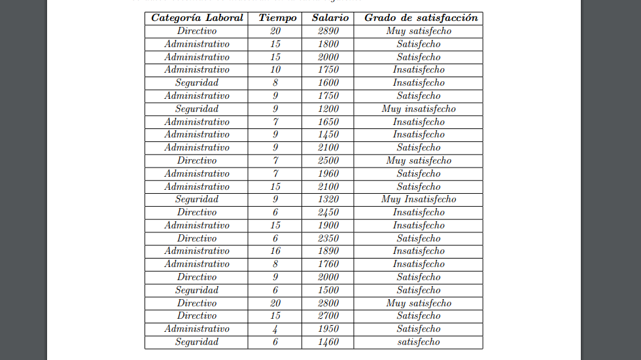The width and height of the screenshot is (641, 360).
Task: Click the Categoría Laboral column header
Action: click(197, 18)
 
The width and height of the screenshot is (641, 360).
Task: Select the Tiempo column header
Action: click(277, 18)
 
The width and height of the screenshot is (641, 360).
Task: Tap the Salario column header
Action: click(330, 18)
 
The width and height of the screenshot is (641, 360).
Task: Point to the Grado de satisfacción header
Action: click(421, 18)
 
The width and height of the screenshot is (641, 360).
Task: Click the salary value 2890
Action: click(328, 31)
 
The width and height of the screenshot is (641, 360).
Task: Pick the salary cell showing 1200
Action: click(328, 109)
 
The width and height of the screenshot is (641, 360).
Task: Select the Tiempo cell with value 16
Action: click(275, 251)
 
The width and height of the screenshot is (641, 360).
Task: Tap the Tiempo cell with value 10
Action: click(275, 69)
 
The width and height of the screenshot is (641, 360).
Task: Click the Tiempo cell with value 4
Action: click(275, 329)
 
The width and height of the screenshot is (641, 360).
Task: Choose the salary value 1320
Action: click(328, 199)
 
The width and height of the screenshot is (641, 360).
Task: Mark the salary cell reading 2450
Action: click(328, 212)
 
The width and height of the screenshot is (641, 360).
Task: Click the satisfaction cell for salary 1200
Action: click(419, 109)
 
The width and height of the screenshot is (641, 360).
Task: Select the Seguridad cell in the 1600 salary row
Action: click(197, 82)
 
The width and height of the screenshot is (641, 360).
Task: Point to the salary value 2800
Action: click(328, 303)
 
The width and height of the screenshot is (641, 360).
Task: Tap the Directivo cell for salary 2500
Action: click(197, 160)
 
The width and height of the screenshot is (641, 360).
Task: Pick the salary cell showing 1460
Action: click(328, 342)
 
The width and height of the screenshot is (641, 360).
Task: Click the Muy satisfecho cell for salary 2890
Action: click(419, 31)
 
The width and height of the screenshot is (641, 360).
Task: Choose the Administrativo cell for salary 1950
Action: click(197, 329)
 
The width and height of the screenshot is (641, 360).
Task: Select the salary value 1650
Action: click(328, 122)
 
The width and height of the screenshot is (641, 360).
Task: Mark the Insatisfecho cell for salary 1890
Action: click(419, 251)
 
